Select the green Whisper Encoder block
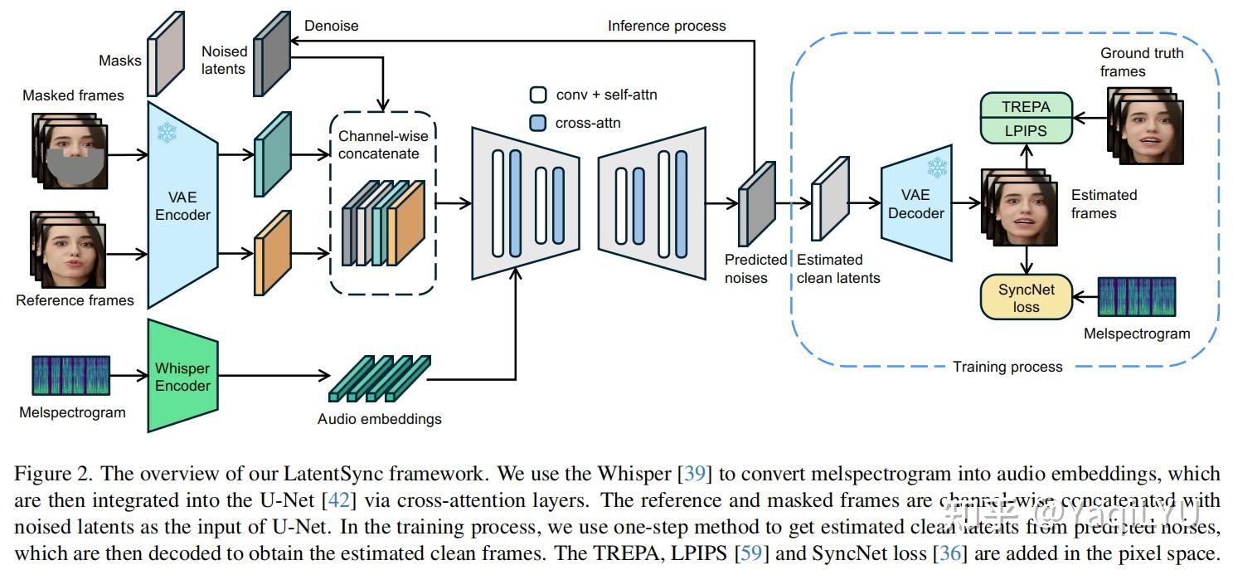click(x=182, y=377)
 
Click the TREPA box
click(x=1026, y=107)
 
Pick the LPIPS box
click(x=1026, y=130)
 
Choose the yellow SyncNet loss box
click(x=1026, y=298)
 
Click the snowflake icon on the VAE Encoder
click(x=167, y=131)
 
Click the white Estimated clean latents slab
click(x=830, y=199)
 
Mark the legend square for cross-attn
click(x=538, y=123)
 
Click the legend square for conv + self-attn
click(x=538, y=95)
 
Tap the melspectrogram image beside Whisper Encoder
click(x=70, y=376)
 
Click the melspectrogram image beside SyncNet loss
click(x=1137, y=297)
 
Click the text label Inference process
click(x=666, y=26)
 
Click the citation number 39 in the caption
click(x=694, y=475)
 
